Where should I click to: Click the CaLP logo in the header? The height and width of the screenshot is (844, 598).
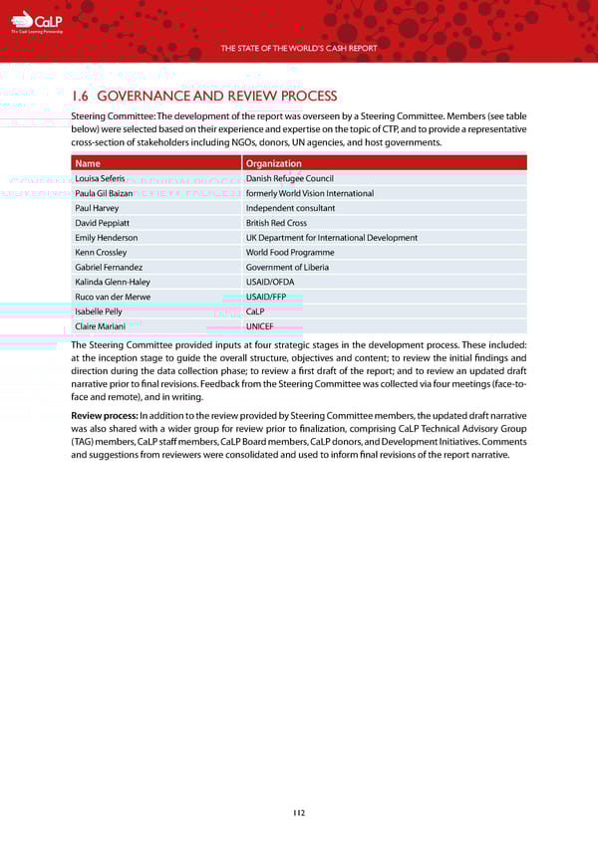pyautogui.click(x=37, y=22)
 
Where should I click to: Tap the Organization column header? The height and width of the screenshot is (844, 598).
pyautogui.click(x=273, y=163)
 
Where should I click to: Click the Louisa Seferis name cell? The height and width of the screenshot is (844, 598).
pyautogui.click(x=100, y=178)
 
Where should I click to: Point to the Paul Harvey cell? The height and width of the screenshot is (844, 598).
pyautogui.click(x=97, y=208)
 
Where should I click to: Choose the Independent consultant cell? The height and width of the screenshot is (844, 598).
pyautogui.click(x=290, y=208)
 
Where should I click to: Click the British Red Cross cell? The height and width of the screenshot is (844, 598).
pyautogui.click(x=276, y=223)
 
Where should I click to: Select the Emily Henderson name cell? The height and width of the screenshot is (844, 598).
pyautogui.click(x=106, y=238)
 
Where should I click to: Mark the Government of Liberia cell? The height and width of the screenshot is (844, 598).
pyautogui.click(x=287, y=268)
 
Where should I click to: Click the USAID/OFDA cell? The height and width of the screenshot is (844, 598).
pyautogui.click(x=270, y=282)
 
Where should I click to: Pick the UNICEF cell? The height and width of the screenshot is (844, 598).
pyautogui.click(x=260, y=326)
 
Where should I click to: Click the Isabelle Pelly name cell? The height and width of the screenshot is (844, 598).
pyautogui.click(x=99, y=312)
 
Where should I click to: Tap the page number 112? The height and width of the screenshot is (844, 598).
pyautogui.click(x=299, y=812)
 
